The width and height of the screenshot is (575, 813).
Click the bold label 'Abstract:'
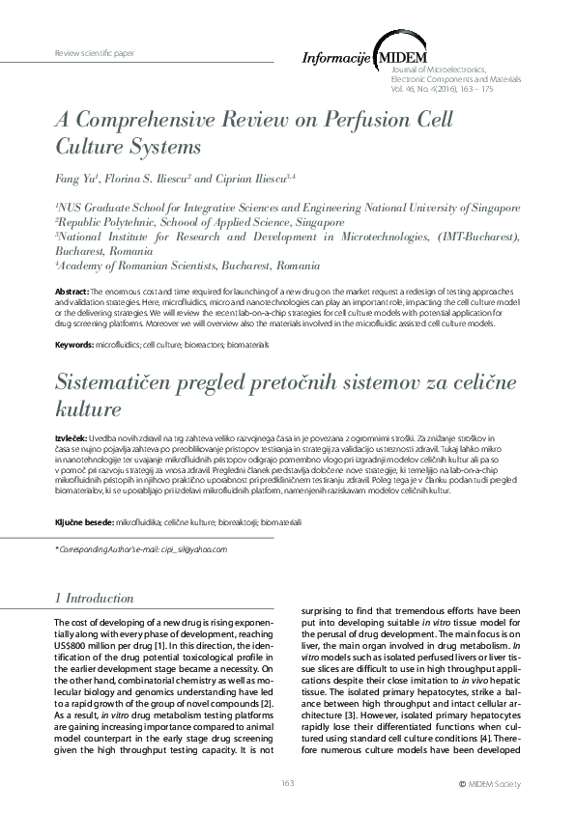pos(72,291)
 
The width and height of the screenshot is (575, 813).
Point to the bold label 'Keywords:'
pos(74,345)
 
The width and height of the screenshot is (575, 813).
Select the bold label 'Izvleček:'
pos(72,438)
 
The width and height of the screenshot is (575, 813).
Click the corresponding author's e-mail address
pos(201,549)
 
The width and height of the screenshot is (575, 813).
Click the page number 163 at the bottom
pos(287,782)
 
